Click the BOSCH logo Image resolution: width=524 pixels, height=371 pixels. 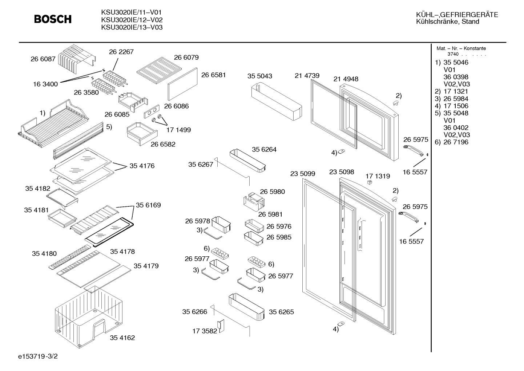coord(53,19)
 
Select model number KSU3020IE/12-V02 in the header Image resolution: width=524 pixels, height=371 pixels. coord(132,20)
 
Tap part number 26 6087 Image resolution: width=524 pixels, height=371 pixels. coord(43,59)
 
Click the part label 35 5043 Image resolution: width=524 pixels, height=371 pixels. coord(260,76)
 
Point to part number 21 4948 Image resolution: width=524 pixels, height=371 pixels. coord(346,79)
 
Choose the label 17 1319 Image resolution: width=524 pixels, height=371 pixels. coord(378,176)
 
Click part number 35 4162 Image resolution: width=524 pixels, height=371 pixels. coord(122,338)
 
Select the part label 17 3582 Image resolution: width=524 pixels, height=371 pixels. coord(205,331)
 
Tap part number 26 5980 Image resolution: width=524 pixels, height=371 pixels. coord(273,192)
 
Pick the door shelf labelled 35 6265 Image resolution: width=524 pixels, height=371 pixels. coord(247,307)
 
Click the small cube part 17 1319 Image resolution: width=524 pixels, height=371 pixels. coord(370,182)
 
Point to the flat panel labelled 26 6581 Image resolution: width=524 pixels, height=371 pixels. coord(182,84)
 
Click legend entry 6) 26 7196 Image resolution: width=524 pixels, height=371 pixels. coord(451,142)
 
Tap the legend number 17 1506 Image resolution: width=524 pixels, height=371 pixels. coord(456,106)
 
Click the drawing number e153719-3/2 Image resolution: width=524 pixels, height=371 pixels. coord(38,356)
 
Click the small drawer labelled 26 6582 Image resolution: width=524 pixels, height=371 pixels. coord(142,134)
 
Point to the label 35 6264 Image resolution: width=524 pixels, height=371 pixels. coord(264,150)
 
